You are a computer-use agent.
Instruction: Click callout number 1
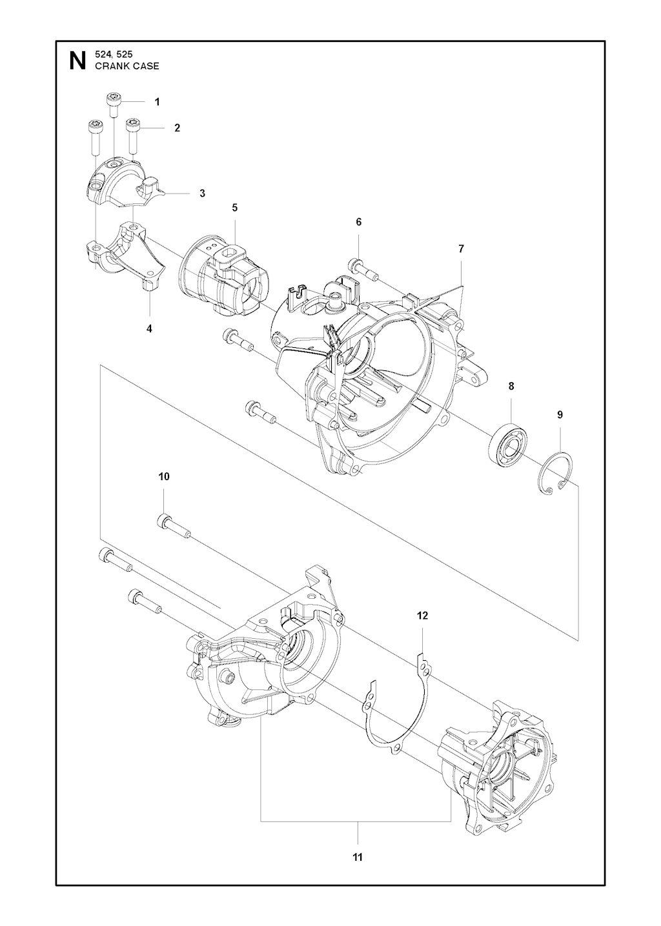coord(157,102)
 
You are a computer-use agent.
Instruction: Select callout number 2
coord(177,128)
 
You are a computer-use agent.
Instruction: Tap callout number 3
coord(202,193)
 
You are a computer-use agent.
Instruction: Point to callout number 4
coord(149,328)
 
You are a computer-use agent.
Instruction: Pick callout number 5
coord(235,208)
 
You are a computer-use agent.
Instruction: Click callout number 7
coord(461,249)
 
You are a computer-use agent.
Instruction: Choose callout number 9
coord(560,415)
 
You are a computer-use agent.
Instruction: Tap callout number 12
coord(422,627)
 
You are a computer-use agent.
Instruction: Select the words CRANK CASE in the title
coord(127,66)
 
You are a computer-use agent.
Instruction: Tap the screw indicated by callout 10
coord(174,526)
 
